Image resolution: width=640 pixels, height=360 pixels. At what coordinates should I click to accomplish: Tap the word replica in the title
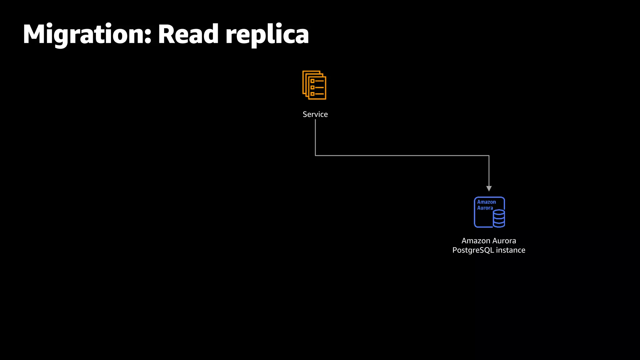(267, 35)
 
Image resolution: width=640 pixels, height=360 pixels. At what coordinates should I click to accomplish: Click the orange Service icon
(314, 85)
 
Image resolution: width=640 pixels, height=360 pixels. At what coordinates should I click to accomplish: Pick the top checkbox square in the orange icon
(312, 81)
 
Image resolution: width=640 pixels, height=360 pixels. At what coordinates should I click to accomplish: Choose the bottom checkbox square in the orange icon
(312, 94)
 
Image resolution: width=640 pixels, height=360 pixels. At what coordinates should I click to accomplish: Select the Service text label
(315, 114)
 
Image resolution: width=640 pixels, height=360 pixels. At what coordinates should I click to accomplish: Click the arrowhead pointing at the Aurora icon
(489, 188)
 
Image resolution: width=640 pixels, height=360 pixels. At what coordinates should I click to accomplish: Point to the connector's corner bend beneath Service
(315, 155)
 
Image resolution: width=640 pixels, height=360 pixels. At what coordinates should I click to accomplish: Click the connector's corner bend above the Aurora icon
(489, 155)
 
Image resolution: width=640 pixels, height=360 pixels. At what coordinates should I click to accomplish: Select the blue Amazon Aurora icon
(489, 212)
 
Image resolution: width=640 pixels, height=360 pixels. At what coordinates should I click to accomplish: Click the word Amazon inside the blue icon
(486, 202)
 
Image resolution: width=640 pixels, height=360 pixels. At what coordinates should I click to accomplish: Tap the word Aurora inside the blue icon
(485, 208)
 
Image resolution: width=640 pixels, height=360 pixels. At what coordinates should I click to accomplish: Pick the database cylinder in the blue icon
(499, 218)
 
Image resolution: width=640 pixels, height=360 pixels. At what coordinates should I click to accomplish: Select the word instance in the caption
(511, 250)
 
